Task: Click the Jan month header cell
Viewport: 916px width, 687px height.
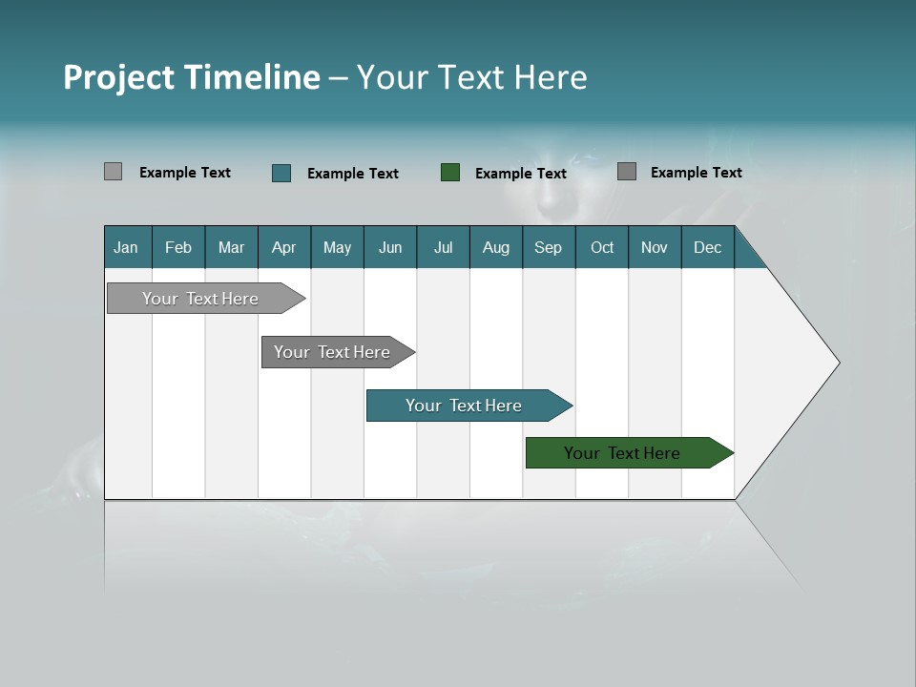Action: click(x=127, y=247)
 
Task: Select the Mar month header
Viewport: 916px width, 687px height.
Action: click(x=231, y=247)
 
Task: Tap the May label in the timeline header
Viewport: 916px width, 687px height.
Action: click(x=337, y=247)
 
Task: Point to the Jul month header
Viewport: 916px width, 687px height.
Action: click(x=443, y=247)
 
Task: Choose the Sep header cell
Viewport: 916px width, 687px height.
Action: click(x=548, y=247)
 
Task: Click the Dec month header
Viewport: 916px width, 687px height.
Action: click(x=707, y=247)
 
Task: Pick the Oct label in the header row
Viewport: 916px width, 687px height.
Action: click(x=602, y=247)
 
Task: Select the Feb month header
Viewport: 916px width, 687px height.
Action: click(x=178, y=247)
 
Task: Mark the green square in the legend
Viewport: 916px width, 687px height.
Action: click(x=450, y=173)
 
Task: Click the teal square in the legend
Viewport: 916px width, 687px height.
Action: click(x=281, y=173)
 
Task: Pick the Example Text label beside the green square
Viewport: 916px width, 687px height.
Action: click(x=521, y=174)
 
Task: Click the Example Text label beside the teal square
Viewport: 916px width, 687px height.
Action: click(x=353, y=174)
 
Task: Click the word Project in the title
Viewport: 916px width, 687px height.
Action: click(x=117, y=77)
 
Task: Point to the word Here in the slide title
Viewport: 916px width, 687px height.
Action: click(x=552, y=77)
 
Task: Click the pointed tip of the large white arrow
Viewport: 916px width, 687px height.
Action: click(x=837, y=363)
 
